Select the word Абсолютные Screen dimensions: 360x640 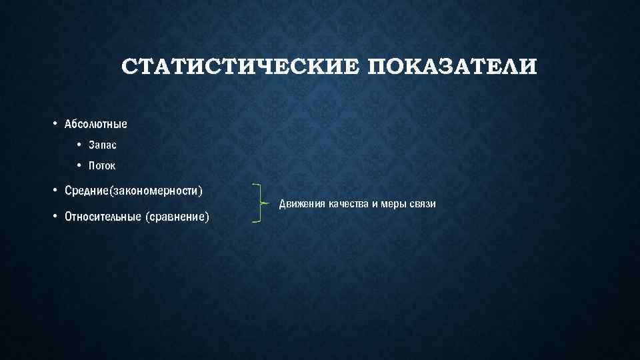[x=96, y=124]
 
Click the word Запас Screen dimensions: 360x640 [x=102, y=145]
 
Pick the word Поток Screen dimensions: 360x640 [x=102, y=166]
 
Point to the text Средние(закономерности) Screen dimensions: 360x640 [x=133, y=191]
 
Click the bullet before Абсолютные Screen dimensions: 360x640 [x=55, y=123]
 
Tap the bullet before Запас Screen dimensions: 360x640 [x=79, y=145]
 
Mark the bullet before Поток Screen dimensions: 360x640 [x=79, y=165]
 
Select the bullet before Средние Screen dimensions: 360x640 [x=55, y=191]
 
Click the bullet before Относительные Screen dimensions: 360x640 [x=55, y=216]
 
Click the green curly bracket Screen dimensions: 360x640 [x=259, y=202]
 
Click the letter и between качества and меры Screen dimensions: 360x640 [x=376, y=203]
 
